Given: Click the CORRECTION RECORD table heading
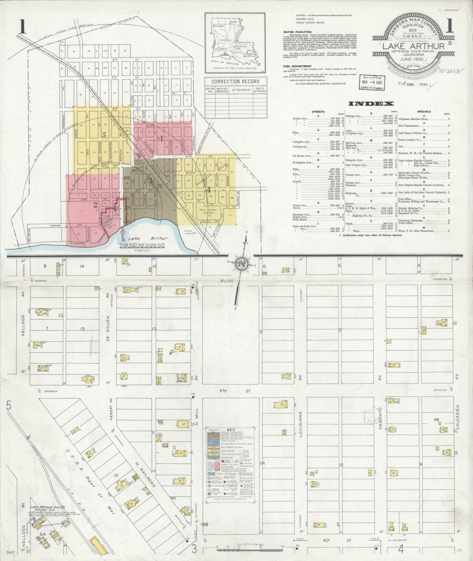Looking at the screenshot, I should pyautogui.click(x=236, y=81).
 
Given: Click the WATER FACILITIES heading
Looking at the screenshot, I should pyautogui.click(x=297, y=32).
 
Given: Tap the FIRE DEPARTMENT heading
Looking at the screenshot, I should pyautogui.click(x=297, y=66).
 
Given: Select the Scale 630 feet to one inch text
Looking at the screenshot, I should pyautogui.click(x=142, y=245).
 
